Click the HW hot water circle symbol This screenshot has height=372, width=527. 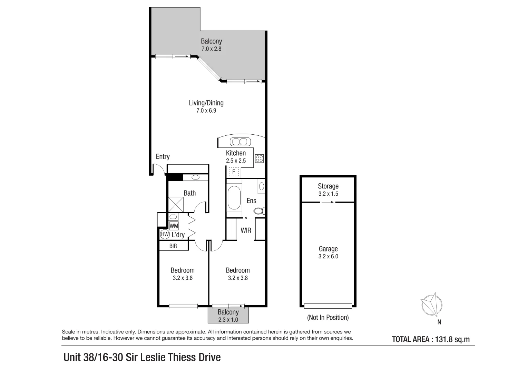coord(165,235)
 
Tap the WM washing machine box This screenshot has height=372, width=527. coord(174,226)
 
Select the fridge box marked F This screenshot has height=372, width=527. coord(234,172)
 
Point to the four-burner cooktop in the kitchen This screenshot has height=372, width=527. coord(259,158)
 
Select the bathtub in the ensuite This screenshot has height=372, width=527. coord(234,198)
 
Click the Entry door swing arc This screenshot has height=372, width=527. coord(158,169)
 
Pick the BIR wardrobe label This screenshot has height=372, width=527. coord(173,246)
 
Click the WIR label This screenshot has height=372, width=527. coord(246,230)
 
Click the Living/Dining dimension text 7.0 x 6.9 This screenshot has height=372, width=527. coord(206,111)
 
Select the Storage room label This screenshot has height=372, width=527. coord(328,186)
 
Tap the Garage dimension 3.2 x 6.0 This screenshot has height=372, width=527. coord(328,256)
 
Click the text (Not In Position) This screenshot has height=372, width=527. coord(328,317)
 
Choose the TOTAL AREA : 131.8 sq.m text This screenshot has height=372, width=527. coord(431,339)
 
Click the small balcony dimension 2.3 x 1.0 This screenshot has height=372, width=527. coord(228,320)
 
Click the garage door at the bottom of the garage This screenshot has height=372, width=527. coord(328,306)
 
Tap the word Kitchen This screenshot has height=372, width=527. coord(236,153)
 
